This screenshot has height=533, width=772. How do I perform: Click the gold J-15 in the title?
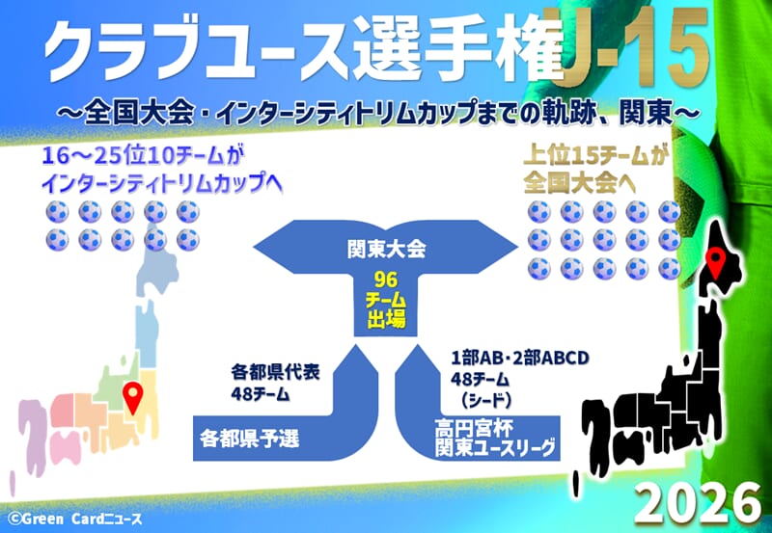click(636, 47)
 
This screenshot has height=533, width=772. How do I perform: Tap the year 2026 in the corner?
click(697, 503)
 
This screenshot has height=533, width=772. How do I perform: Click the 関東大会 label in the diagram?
click(386, 250)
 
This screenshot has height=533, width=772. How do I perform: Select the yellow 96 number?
click(385, 280)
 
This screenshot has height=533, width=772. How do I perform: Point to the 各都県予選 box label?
click(250, 438)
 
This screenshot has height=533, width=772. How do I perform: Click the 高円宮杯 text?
click(474, 428)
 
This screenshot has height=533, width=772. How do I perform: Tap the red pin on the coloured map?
click(133, 397)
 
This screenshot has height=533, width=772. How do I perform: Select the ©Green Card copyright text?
click(75, 519)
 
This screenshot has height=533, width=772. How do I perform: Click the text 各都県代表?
click(275, 372)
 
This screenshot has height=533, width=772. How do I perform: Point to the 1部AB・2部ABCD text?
click(520, 358)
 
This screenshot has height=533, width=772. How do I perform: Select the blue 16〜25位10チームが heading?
click(143, 157)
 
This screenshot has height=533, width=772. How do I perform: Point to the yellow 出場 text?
click(386, 320)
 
